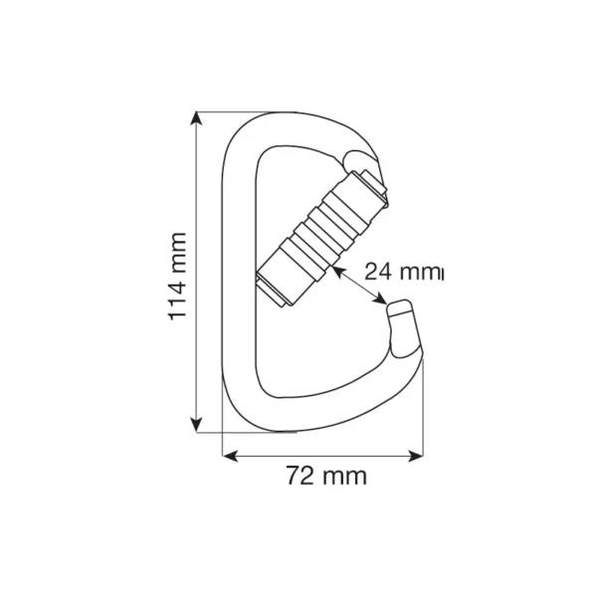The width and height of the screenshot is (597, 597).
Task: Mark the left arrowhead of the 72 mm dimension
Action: (228, 456)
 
